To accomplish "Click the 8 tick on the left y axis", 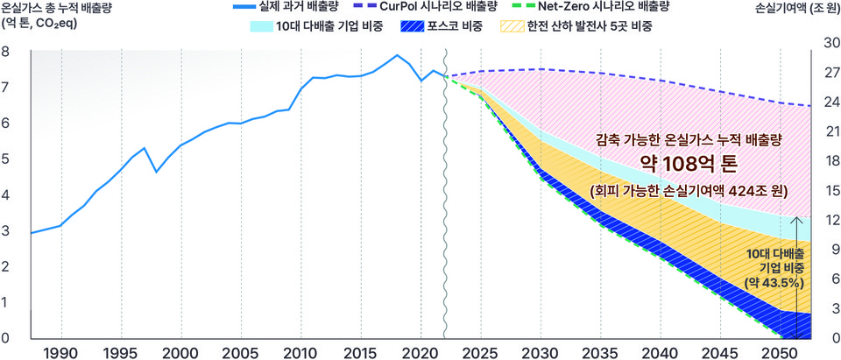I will click(x=6, y=51).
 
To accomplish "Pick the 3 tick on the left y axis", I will click(x=6, y=230).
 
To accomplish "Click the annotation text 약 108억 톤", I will click(x=688, y=163).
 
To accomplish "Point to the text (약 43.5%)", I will click(x=774, y=283).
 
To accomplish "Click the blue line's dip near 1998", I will click(x=157, y=172).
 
